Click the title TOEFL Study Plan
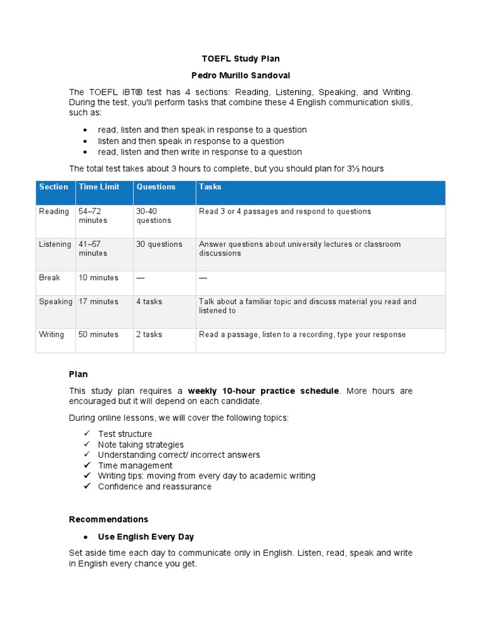240,58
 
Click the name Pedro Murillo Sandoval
240,75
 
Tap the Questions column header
156,186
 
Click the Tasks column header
210,186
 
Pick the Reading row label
54,212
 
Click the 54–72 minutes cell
93,216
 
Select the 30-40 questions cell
153,216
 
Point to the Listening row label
55,244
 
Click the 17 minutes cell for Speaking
98,301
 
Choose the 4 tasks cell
149,301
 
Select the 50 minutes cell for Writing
98,335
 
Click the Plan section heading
78,374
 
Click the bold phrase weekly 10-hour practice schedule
263,391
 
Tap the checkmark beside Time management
87,465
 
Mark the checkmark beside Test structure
87,434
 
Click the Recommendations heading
108,519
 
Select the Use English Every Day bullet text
146,537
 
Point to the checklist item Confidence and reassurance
154,487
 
